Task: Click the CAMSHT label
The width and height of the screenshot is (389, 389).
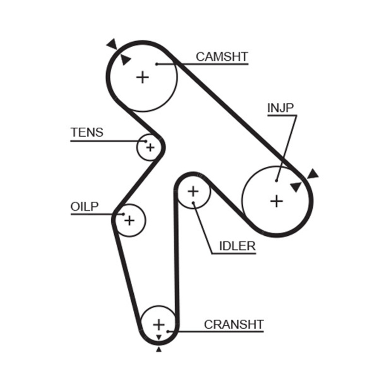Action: pyautogui.click(x=222, y=56)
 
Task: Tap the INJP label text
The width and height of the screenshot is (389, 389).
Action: pyautogui.click(x=281, y=108)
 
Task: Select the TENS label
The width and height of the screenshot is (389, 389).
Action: pyautogui.click(x=87, y=132)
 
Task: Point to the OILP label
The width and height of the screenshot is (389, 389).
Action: pyautogui.click(x=85, y=206)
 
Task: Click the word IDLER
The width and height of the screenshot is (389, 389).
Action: pyautogui.click(x=237, y=246)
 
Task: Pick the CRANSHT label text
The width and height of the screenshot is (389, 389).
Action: pyautogui.click(x=233, y=324)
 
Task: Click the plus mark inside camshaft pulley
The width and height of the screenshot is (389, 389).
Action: pyautogui.click(x=142, y=77)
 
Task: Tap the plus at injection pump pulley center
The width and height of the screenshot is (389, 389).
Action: pyautogui.click(x=276, y=201)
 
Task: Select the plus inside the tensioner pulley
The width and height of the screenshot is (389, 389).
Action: pyautogui.click(x=150, y=146)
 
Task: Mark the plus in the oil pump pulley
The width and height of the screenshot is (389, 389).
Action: pyautogui.click(x=129, y=221)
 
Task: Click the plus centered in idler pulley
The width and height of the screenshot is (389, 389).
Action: pyautogui.click(x=193, y=192)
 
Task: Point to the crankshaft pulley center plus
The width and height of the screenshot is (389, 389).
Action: pyautogui.click(x=159, y=324)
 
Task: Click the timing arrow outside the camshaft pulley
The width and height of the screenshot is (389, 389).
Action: pyautogui.click(x=112, y=44)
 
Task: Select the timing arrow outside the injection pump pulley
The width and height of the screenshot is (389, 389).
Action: pyautogui.click(x=312, y=173)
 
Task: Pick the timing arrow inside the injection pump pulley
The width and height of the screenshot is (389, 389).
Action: pyautogui.click(x=295, y=186)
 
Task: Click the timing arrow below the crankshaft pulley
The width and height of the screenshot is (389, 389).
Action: pyautogui.click(x=159, y=349)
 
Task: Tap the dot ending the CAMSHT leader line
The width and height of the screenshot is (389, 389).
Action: pyautogui.click(x=157, y=64)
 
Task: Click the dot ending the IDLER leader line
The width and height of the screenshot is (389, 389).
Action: pyautogui.click(x=194, y=203)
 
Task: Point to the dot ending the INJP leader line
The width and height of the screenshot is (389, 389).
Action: pyautogui.click(x=276, y=180)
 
